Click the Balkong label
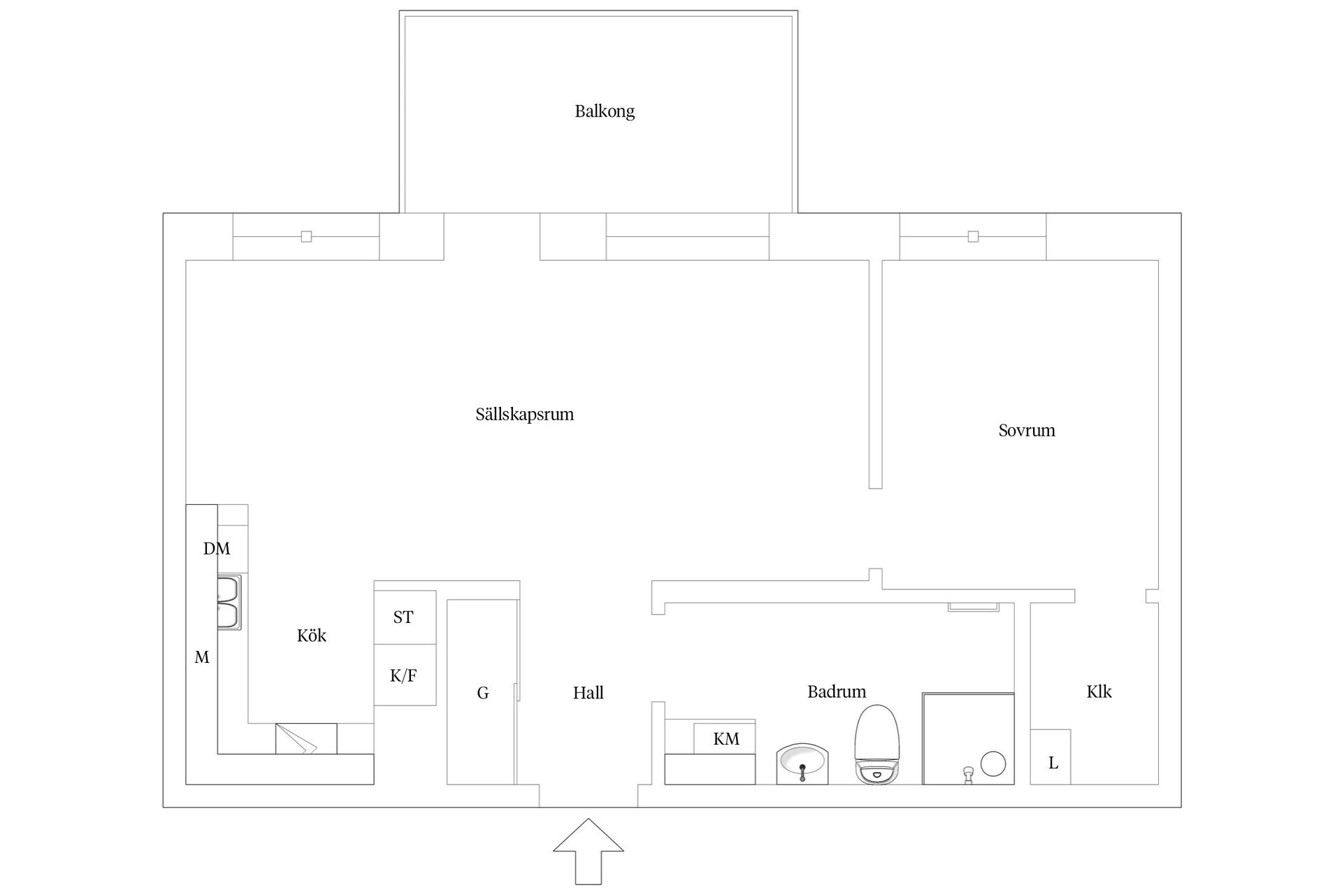pyautogui.click(x=605, y=111)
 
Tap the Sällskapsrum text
pyautogui.click(x=525, y=415)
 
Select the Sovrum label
pyautogui.click(x=1027, y=430)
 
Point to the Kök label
pyautogui.click(x=312, y=636)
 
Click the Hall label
pyautogui.click(x=589, y=693)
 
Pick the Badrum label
pyautogui.click(x=837, y=692)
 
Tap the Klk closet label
pyautogui.click(x=1099, y=692)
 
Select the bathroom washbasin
pyautogui.click(x=802, y=764)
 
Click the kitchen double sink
pyautogui.click(x=229, y=603)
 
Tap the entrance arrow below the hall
pyautogui.click(x=589, y=851)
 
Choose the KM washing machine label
pyautogui.click(x=726, y=739)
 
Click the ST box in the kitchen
pyautogui.click(x=405, y=617)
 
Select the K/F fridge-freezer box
pyautogui.click(x=405, y=675)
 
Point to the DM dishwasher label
pyautogui.click(x=217, y=549)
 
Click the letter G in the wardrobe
pyautogui.click(x=483, y=693)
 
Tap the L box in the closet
pyautogui.click(x=1051, y=757)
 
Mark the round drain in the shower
pyautogui.click(x=993, y=764)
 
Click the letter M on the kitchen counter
pyautogui.click(x=202, y=657)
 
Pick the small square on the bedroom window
pyautogui.click(x=973, y=237)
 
